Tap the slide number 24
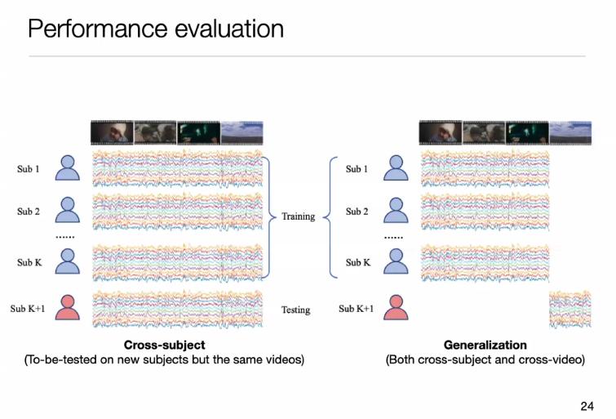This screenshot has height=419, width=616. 587,406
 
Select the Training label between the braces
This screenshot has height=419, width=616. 298,216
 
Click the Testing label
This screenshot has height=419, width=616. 295,310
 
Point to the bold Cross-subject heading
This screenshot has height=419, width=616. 164,345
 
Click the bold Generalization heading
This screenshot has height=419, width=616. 485,345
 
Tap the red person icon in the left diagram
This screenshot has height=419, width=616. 68,307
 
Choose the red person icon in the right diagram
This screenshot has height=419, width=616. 396,307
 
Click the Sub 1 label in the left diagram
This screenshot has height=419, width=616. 29,169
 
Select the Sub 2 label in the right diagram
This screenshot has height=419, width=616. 357,212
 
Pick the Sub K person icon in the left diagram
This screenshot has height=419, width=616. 68,261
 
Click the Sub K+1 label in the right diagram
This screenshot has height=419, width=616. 356,309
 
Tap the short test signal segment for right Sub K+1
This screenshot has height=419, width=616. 570,310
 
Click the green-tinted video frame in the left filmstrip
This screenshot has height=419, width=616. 199,133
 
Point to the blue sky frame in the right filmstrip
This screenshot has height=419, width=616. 570,133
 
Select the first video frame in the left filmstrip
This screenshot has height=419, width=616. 113,133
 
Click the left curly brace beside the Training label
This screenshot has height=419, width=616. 268,216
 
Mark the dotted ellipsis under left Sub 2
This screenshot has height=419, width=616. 65,237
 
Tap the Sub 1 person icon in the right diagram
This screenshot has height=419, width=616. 396,168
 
